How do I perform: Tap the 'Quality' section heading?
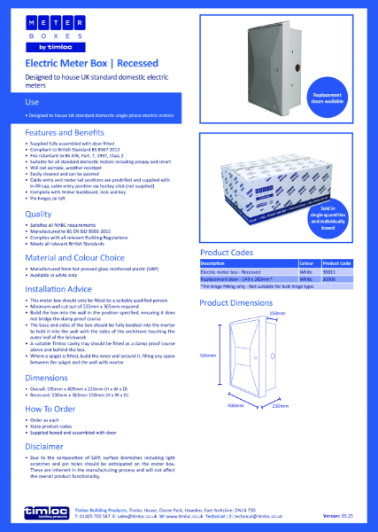(x=38, y=214)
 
